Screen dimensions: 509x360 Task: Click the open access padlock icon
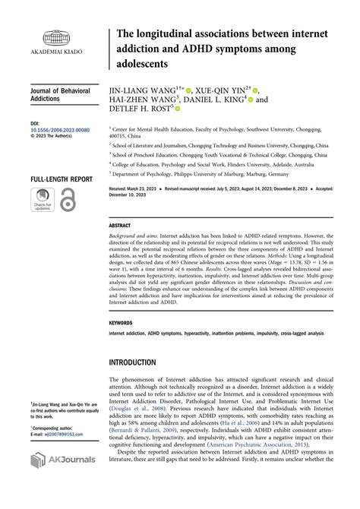pyautogui.click(x=68, y=200)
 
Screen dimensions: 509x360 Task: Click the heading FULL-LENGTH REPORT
pyautogui.click(x=62, y=179)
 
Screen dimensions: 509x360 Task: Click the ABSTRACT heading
pyautogui.click(x=120, y=226)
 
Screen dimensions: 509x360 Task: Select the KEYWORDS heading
pyautogui.click(x=122, y=322)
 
